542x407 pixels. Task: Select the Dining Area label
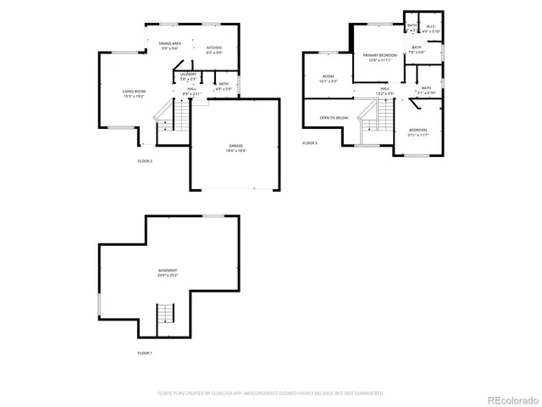(170, 46)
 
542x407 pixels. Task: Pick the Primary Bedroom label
(380, 57)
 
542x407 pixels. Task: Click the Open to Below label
(334, 117)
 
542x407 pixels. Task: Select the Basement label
(167, 272)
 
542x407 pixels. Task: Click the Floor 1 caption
(145, 353)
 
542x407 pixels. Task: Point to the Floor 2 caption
(145, 160)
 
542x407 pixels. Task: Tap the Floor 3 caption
(310, 143)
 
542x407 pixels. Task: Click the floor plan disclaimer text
(271, 393)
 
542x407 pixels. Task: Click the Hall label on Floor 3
(384, 90)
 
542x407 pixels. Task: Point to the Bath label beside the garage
(224, 86)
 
